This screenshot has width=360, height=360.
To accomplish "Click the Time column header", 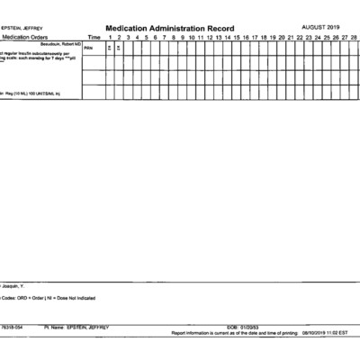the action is click(x=94, y=37).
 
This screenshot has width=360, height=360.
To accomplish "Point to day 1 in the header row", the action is click(x=110, y=37).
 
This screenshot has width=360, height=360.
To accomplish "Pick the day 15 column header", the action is click(x=236, y=37).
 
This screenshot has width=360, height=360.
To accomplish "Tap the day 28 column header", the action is click(x=354, y=37).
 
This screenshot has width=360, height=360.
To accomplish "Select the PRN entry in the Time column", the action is click(x=88, y=49).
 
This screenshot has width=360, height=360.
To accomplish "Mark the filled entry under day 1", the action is click(x=110, y=49).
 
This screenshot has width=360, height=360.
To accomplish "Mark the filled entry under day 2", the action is click(x=119, y=49).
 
